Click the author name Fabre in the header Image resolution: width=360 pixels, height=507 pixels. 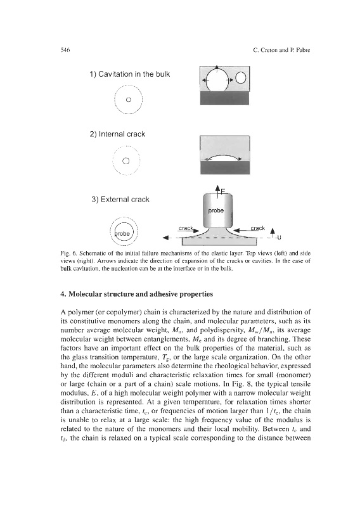[x=304, y=50]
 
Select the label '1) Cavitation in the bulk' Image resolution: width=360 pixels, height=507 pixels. [x=130, y=74]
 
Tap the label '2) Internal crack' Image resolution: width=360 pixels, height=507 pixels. [x=117, y=134]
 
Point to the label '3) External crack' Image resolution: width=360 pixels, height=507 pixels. [x=120, y=200]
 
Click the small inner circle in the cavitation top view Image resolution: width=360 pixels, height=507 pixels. [x=129, y=99]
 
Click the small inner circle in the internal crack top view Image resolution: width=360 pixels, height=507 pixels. [x=126, y=160]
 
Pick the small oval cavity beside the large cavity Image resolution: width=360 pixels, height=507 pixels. [x=241, y=78]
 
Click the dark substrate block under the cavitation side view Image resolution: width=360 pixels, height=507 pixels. [x=225, y=98]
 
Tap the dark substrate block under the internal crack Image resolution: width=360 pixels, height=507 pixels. [x=225, y=168]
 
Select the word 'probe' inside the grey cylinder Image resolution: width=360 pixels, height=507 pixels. [x=215, y=210]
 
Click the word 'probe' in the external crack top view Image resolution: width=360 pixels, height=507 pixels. [x=123, y=233]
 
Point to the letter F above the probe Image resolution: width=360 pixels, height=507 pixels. [x=223, y=192]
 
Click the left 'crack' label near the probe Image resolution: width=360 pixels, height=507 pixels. [x=186, y=228]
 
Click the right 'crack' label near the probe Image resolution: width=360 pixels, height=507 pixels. [x=258, y=228]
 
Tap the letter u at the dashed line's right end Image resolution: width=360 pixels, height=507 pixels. [x=279, y=238]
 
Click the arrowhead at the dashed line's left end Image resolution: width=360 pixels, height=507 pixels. [x=165, y=238]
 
